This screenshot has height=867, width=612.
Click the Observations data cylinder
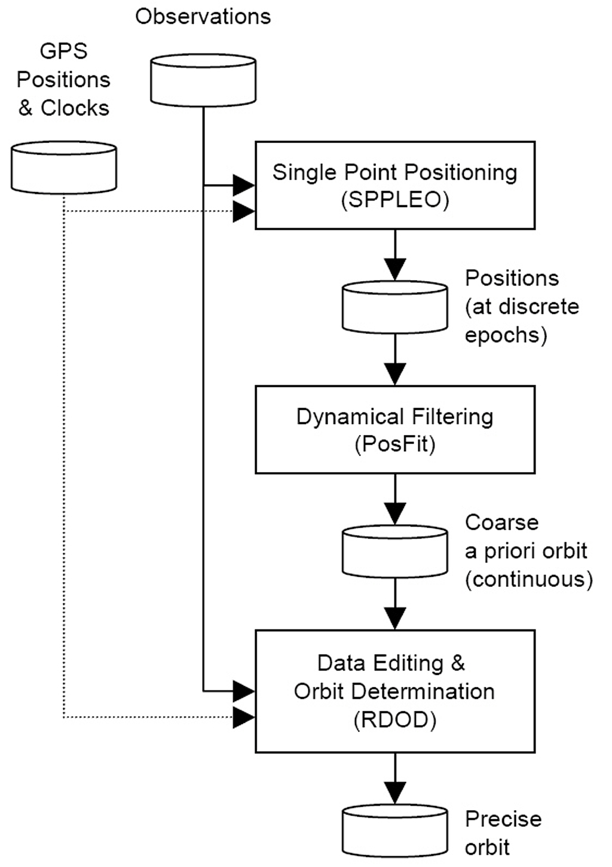(203, 80)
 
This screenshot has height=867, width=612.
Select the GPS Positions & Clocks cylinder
(64, 168)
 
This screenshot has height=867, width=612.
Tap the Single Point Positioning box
(394, 185)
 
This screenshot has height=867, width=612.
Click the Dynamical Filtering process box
(394, 430)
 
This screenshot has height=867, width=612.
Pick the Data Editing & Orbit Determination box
(394, 691)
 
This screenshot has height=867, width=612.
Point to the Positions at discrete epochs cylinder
(394, 308)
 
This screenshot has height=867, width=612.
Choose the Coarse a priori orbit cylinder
(394, 552)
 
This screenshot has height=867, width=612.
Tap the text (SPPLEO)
(394, 200)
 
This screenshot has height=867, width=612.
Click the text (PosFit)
(394, 445)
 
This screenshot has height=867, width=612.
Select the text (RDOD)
(394, 720)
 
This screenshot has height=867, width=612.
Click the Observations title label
(203, 16)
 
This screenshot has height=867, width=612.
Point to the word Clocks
(75, 108)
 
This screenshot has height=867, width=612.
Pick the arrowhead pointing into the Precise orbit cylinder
(394, 792)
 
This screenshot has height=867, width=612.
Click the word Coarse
(501, 522)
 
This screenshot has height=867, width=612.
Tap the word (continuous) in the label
(528, 579)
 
